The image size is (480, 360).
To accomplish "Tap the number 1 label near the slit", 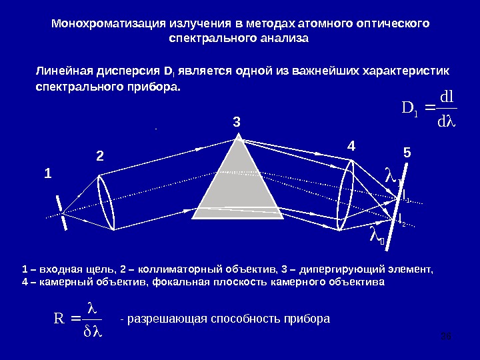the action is tap(47, 174).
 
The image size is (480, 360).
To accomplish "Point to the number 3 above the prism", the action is tap(236, 123).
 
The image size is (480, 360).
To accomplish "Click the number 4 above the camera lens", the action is tap(351, 145).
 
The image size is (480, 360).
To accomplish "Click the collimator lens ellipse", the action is tap(106, 202).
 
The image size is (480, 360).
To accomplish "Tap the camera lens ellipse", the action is tap(347, 197).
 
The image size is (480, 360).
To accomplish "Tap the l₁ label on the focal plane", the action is tap(405, 195).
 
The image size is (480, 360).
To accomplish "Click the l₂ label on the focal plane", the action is tap(401, 219).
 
